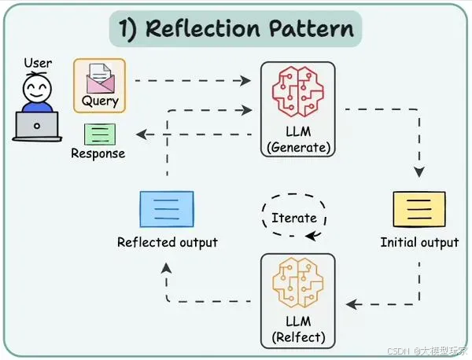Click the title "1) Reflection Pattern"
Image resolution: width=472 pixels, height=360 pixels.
point(235,30)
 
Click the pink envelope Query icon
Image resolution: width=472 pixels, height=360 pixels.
point(99,79)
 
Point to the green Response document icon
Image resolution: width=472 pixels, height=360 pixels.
point(99,134)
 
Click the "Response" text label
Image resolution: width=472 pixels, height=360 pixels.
point(98,153)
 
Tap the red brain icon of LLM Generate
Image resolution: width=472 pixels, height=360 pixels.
point(298,93)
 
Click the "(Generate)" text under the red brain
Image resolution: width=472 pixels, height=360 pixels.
point(298,147)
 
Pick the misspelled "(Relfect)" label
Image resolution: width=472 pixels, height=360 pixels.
point(297,339)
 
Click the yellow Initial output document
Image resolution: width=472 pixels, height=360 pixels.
point(419,208)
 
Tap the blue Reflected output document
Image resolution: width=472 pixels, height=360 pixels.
point(167,208)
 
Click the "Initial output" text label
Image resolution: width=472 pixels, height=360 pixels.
point(419,242)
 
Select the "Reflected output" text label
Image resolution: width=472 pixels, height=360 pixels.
point(167,242)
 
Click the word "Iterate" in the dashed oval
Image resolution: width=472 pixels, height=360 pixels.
point(293,218)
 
